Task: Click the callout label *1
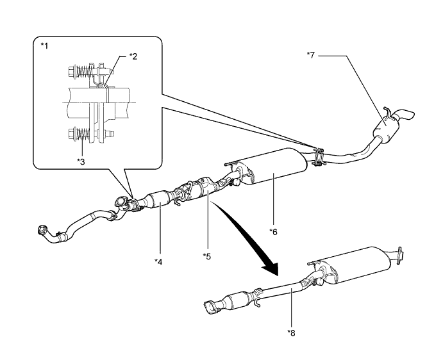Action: pyautogui.click(x=44, y=45)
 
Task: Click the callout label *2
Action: pyautogui.click(x=133, y=56)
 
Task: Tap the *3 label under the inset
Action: pyautogui.click(x=81, y=161)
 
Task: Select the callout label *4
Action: pyautogui.click(x=158, y=262)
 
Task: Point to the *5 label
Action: pyautogui.click(x=207, y=256)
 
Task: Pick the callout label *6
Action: pyautogui.click(x=274, y=232)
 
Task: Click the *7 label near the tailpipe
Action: pyautogui.click(x=310, y=55)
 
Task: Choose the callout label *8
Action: pyautogui.click(x=291, y=333)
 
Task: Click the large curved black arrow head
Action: pyautogui.click(x=271, y=268)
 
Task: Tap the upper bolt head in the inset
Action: pyautogui.click(x=71, y=71)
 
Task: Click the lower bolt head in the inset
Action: pyautogui.click(x=71, y=133)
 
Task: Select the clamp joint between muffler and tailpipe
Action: pyautogui.click(x=319, y=156)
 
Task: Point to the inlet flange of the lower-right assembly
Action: pyautogui.click(x=210, y=307)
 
